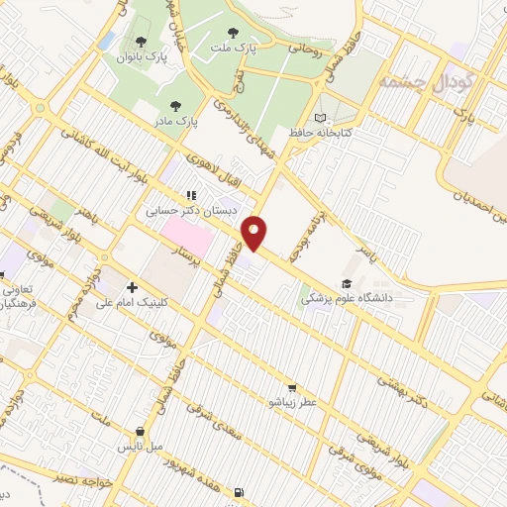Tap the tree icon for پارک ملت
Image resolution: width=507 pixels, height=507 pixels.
tap(233, 33)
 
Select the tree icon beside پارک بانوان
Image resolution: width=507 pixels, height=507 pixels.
tap(141, 43)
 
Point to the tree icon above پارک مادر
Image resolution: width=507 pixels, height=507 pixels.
tap(176, 105)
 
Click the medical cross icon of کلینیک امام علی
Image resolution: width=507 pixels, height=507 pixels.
tap(132, 287)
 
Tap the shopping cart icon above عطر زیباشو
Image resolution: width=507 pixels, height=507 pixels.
tap(291, 387)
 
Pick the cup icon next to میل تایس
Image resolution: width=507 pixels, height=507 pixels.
tap(142, 432)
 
